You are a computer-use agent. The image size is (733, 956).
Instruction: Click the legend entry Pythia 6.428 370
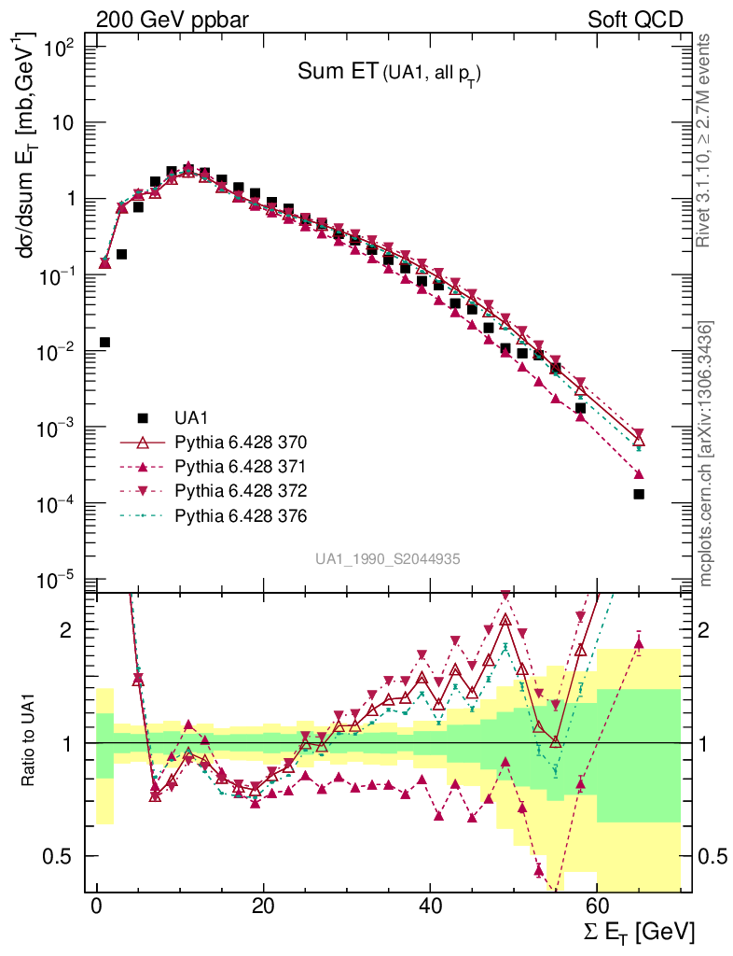point(241,442)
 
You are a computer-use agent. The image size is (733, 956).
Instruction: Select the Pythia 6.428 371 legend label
point(241,466)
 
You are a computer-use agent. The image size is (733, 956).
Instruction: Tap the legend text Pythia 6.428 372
point(241,490)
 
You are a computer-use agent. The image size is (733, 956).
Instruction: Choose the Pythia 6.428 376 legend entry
point(241,515)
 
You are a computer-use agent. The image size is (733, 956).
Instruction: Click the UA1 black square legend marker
point(143,417)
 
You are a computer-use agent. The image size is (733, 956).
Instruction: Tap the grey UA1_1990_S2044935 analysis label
point(387,558)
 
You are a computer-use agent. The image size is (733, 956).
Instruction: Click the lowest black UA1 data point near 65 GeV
point(639,494)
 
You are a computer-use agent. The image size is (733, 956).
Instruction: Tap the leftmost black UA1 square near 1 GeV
point(104,343)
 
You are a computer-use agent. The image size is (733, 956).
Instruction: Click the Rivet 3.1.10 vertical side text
point(705,140)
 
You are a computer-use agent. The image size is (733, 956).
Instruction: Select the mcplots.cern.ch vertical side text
point(706,453)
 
